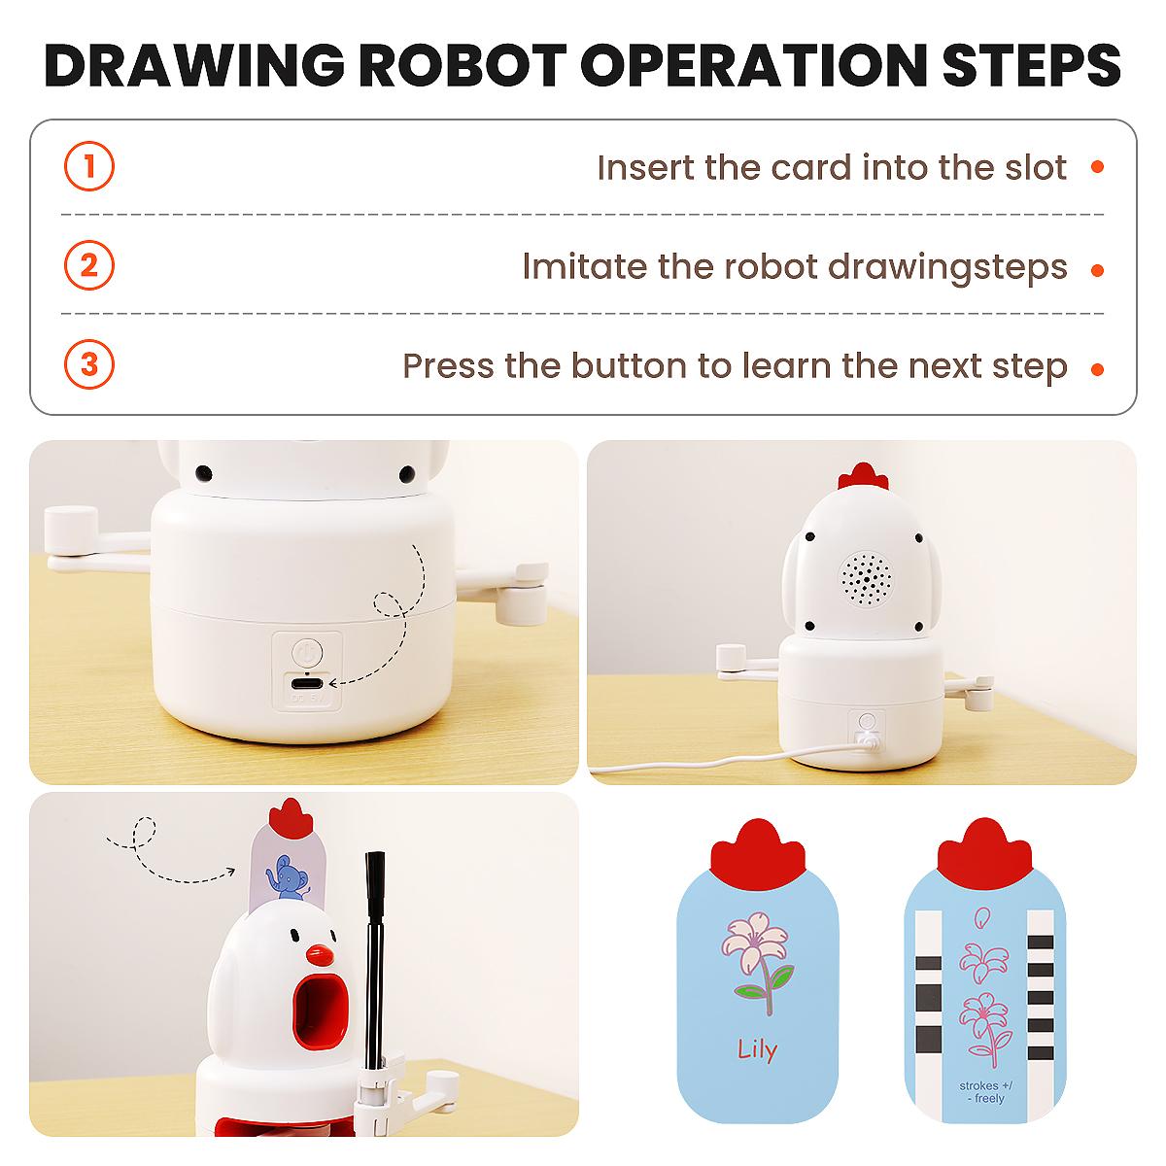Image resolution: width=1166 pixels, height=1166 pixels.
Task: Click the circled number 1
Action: pyautogui.click(x=89, y=166)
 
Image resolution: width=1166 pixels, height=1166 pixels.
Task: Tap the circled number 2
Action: pyautogui.click(x=89, y=265)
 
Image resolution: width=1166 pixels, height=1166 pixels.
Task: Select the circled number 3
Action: pyautogui.click(x=89, y=364)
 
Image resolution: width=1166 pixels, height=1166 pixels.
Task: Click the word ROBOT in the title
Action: pyautogui.click(x=463, y=66)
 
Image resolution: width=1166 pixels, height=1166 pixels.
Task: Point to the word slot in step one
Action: pyautogui.click(x=1036, y=167)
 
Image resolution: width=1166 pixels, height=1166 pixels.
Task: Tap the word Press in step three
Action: pyautogui.click(x=448, y=366)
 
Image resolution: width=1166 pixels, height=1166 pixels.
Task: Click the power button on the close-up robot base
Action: pyautogui.click(x=307, y=653)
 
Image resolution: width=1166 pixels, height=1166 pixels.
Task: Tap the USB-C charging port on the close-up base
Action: pyautogui.click(x=307, y=684)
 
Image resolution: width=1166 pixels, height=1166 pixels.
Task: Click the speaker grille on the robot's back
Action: pyautogui.click(x=866, y=579)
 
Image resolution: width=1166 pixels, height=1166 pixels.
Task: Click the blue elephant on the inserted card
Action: pyautogui.click(x=288, y=877)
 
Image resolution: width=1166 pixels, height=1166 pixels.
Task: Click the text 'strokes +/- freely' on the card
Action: pyautogui.click(x=985, y=1091)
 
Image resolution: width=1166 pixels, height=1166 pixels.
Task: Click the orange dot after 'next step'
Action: pyautogui.click(x=1098, y=369)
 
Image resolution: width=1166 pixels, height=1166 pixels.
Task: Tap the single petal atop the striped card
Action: pyautogui.click(x=981, y=917)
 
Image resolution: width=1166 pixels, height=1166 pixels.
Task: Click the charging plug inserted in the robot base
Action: pyautogui.click(x=866, y=741)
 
